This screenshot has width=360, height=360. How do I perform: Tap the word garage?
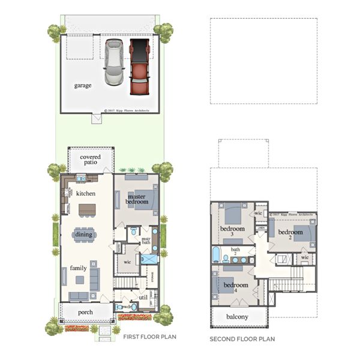click(83, 85)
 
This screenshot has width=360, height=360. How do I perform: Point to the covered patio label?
click(90, 160)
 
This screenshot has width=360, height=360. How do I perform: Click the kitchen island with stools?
click(87, 209)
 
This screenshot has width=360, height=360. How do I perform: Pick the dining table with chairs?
click(83, 235)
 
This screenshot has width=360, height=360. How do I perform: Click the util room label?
click(142, 296)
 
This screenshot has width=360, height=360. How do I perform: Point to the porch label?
click(86, 313)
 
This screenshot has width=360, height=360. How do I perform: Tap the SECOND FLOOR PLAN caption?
click(239, 339)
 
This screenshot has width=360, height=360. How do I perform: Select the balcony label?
click(238, 316)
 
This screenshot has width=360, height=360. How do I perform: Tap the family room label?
click(79, 268)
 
